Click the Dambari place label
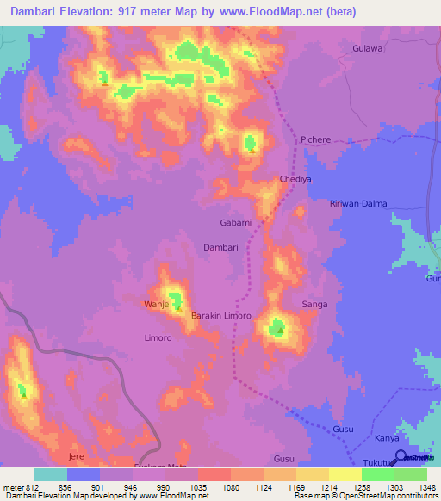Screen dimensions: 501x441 point(220,247)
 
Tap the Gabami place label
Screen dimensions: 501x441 point(236,222)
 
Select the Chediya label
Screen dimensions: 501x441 point(295,179)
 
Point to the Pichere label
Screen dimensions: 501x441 point(316,139)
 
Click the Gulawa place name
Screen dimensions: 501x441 point(367,49)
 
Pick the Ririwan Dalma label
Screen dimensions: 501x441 point(358,203)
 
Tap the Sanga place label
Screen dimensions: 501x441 point(314,305)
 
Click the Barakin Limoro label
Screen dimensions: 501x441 point(220,316)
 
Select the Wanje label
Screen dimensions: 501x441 point(156,305)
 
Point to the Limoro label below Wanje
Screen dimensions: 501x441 point(158,338)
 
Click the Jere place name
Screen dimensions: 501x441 point(78,455)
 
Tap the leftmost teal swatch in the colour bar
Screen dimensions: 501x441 point(51,474)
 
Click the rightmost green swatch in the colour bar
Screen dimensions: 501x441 point(411,474)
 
